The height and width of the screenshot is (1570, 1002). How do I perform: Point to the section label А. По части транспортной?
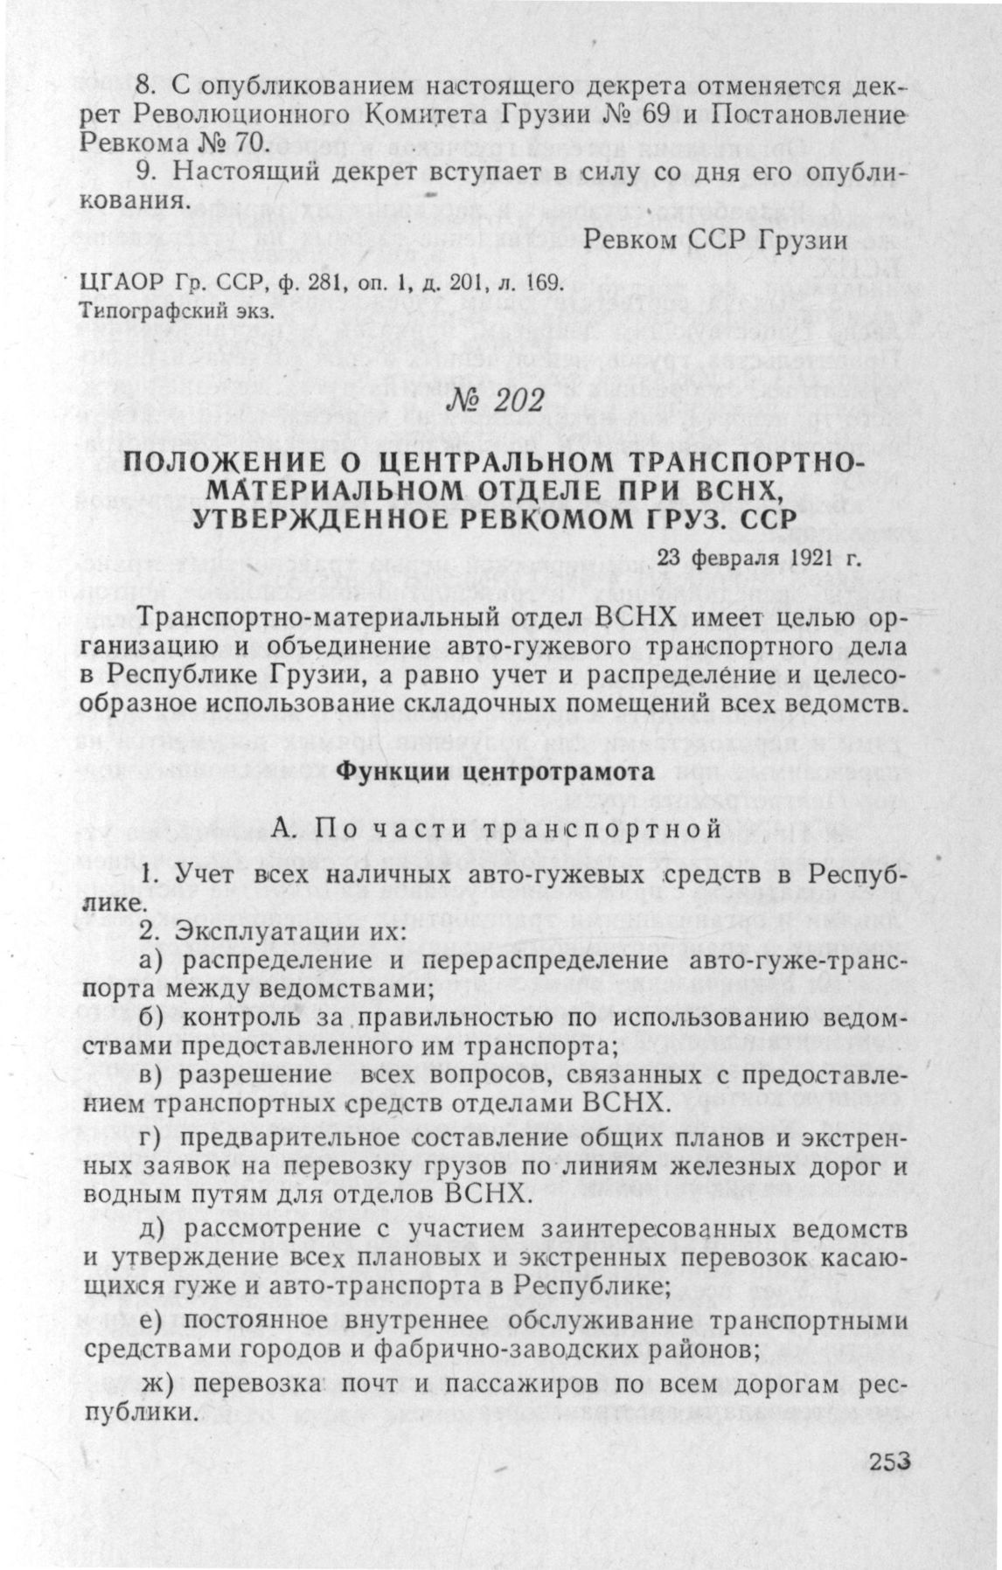tap(497, 827)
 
